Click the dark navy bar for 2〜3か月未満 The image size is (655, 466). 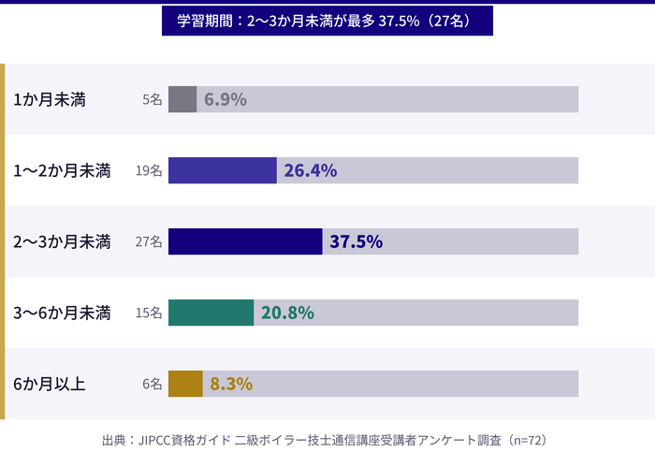[245, 241]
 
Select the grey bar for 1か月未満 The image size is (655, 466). [182, 99]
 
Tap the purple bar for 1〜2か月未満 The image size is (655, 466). [223, 170]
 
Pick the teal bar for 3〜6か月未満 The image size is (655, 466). [211, 313]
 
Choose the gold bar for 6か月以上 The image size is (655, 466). [185, 384]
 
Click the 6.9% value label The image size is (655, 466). [226, 99]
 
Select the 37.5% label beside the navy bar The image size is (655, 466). [357, 241]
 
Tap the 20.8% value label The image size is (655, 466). [287, 313]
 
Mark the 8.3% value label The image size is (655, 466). [231, 384]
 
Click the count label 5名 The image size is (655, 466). [153, 99]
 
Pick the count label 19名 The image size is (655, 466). [149, 170]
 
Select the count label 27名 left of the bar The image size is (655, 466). [149, 241]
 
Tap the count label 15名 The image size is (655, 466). [149, 313]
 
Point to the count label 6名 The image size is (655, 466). [153, 384]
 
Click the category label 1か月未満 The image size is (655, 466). [50, 99]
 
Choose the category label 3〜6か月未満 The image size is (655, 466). [63, 313]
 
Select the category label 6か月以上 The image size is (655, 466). [50, 384]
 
